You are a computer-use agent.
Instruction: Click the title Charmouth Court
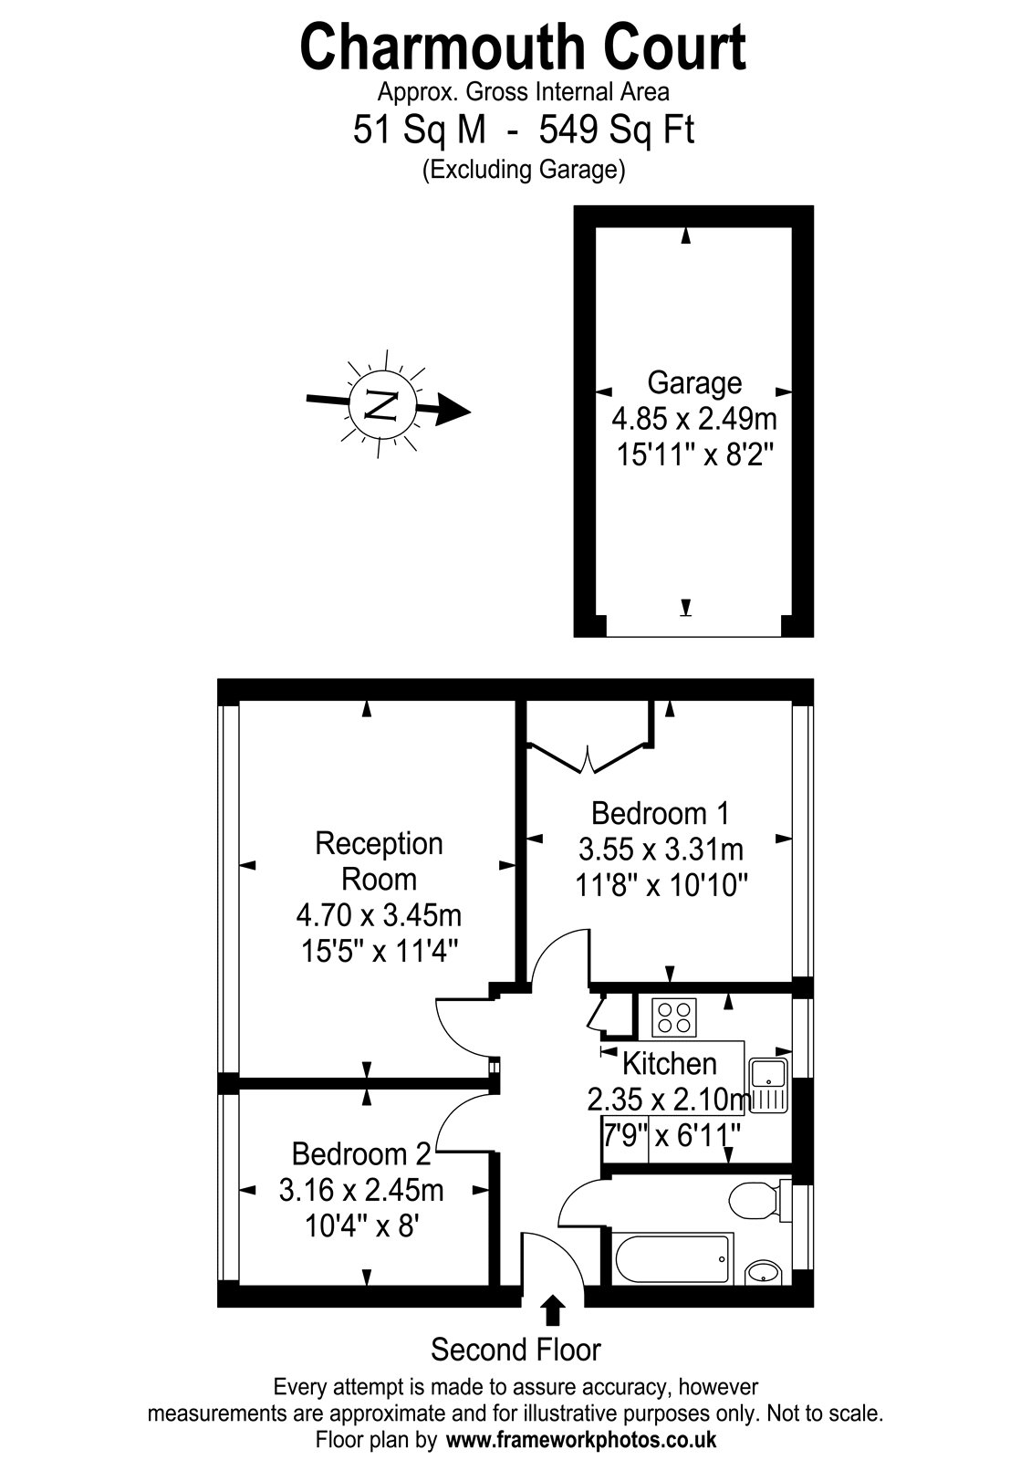523,47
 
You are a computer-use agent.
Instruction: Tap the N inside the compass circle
382,405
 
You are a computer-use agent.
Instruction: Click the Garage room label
694,383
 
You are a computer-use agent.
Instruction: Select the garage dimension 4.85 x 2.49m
694,419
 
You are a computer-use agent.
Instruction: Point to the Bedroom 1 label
660,813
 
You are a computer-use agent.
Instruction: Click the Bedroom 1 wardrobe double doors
589,757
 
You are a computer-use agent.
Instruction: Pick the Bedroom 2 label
361,1154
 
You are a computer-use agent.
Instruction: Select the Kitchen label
670,1064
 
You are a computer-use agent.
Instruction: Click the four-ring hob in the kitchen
674,1018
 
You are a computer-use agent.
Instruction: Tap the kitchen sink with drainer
769,1085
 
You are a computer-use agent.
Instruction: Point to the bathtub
672,1258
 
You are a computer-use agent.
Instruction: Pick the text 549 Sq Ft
617,130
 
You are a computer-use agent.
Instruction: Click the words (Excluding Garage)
524,170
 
